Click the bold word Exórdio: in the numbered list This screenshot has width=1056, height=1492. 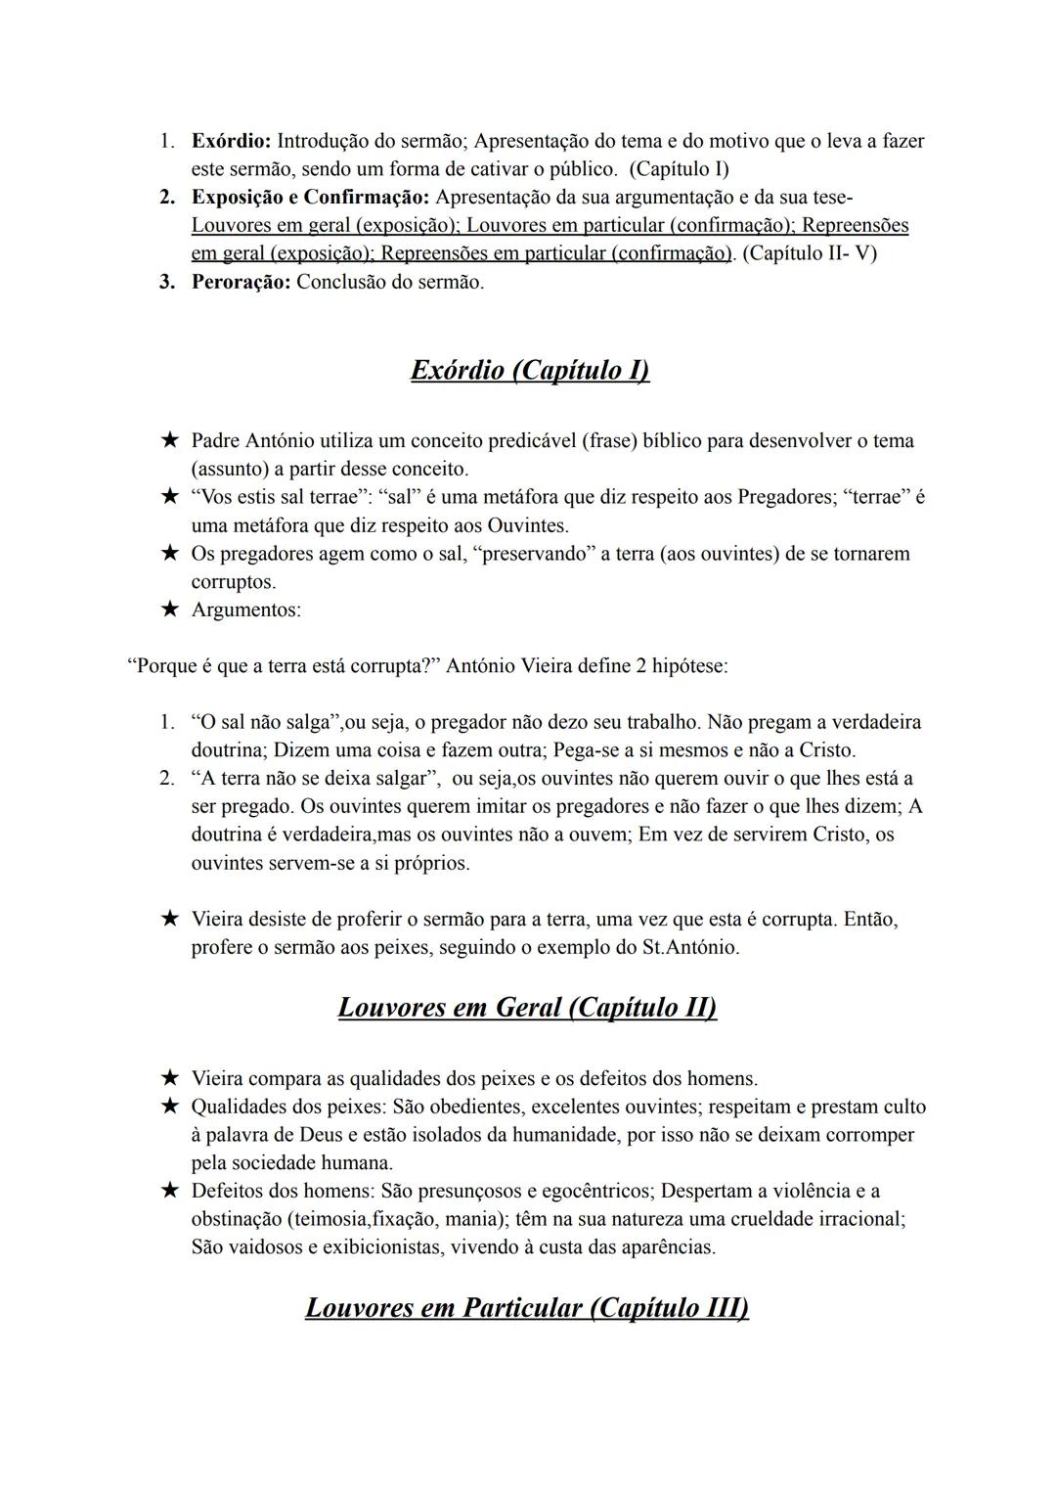pos(231,141)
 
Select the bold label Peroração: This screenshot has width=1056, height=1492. pos(241,282)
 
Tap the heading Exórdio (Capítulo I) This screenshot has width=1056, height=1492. pos(530,370)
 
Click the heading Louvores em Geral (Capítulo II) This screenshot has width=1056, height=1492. pos(527,1007)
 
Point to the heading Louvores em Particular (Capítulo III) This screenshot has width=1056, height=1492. pos(527,1307)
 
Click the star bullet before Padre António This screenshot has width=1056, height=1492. pos(170,441)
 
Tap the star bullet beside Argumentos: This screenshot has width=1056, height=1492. pos(170,610)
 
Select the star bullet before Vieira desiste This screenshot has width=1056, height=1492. pos(170,920)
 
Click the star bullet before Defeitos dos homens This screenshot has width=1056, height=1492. pos(170,1191)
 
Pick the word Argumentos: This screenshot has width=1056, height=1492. pos(246,610)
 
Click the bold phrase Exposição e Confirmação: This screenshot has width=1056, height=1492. pos(310,197)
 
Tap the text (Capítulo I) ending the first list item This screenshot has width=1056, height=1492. pos(679,168)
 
